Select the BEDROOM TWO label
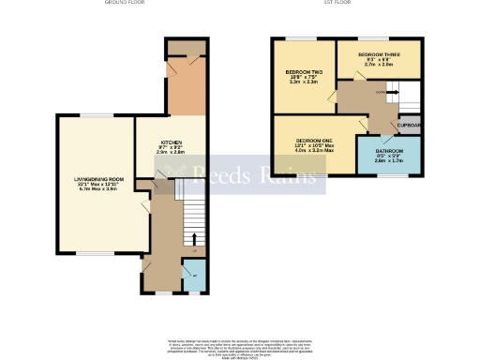302,72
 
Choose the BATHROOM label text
390,150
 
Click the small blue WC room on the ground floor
194,276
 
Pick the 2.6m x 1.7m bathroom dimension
390,161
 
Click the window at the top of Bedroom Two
302,38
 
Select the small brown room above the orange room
185,49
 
